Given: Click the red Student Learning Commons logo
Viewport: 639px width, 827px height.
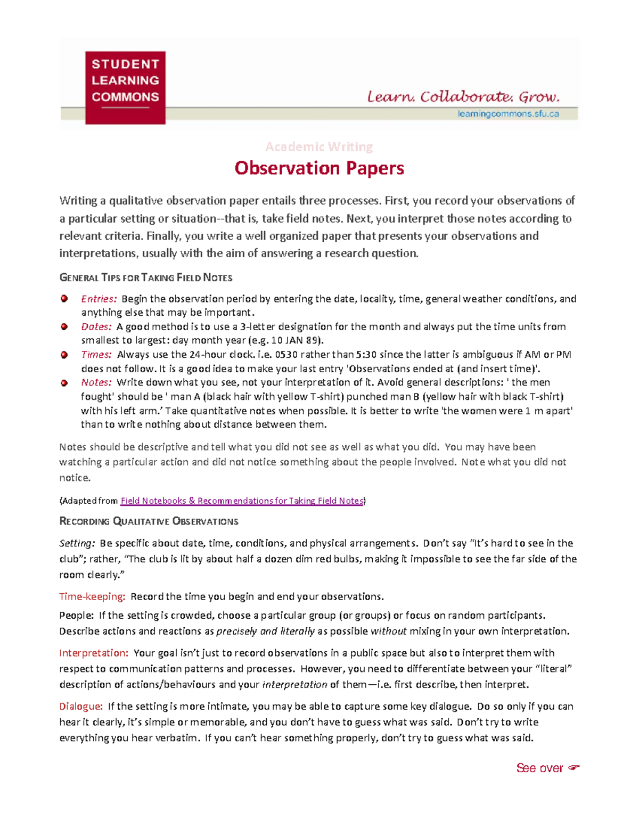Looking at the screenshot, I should click(x=125, y=87).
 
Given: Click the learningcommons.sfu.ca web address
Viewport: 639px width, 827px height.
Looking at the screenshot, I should click(x=508, y=113).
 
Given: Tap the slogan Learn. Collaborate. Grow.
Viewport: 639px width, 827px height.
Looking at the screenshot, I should click(x=463, y=97).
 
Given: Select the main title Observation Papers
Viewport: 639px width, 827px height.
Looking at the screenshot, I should click(x=319, y=168).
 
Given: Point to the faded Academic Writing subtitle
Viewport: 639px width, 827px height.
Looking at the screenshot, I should click(x=319, y=146).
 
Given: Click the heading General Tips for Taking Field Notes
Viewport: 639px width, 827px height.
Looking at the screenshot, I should click(x=146, y=277).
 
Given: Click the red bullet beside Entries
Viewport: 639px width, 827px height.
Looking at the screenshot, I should click(x=64, y=299).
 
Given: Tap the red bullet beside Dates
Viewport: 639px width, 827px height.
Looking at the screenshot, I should click(x=64, y=326).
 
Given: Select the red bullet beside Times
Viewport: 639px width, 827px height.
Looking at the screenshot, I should click(x=64, y=355).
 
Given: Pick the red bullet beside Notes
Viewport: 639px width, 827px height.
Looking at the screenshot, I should click(x=64, y=382).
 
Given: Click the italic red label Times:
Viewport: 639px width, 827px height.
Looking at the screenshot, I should click(x=96, y=355).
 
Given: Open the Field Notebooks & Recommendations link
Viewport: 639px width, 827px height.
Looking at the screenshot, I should click(x=242, y=501).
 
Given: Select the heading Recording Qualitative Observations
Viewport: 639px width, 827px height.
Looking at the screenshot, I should click(x=149, y=521).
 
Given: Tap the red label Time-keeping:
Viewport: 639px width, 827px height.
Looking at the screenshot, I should click(x=92, y=596).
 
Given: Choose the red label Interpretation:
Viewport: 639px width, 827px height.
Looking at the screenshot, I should click(x=94, y=653).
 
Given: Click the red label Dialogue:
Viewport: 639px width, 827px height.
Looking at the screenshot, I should click(x=81, y=707).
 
